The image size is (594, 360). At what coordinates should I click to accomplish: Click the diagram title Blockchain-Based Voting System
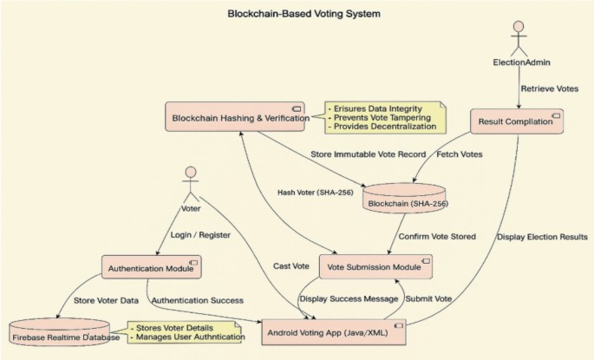click(x=290, y=14)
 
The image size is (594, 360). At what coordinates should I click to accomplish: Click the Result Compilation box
click(x=515, y=122)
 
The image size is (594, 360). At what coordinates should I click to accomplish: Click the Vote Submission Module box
click(x=375, y=266)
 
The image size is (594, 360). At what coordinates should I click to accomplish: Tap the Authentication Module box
click(x=152, y=267)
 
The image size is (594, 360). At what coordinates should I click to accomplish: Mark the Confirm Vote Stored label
click(x=437, y=236)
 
